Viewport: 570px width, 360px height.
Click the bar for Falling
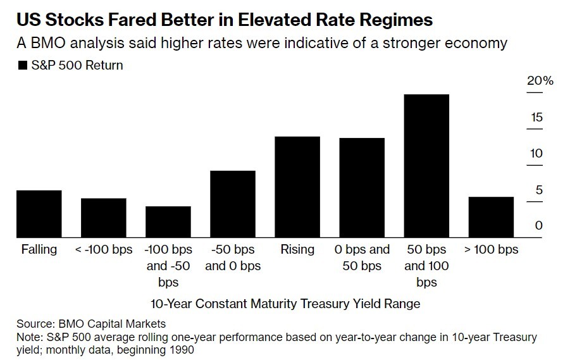coord(39,214)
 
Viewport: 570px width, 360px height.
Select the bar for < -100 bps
coord(103,218)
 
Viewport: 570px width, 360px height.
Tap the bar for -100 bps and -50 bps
coord(168,221)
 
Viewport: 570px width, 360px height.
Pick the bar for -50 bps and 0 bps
coord(232,204)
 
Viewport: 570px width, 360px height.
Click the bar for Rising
coord(297,187)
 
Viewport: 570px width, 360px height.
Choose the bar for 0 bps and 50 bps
coord(361,187)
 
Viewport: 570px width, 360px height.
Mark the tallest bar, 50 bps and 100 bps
coord(426,166)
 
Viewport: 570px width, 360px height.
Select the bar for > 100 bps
coord(491,217)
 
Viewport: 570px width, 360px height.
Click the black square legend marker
coord(23,65)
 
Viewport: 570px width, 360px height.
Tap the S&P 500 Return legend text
coord(77,65)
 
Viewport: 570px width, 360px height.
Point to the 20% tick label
coord(540,81)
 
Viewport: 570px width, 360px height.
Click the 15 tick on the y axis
coord(537,117)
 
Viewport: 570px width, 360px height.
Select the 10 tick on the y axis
coord(537,153)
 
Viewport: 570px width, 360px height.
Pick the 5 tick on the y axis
coord(539,189)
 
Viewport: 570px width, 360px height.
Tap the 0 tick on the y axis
coord(539,225)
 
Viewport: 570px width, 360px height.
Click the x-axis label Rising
coord(297,249)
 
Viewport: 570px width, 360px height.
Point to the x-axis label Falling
coord(39,249)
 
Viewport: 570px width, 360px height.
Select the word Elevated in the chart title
coord(268,20)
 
